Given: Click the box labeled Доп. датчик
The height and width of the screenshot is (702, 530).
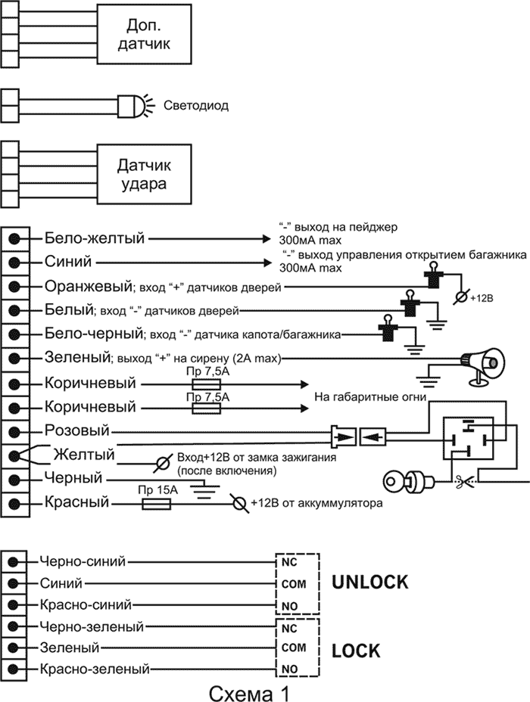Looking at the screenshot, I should click(145, 36).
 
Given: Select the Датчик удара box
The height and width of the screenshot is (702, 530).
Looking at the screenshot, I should click(145, 174).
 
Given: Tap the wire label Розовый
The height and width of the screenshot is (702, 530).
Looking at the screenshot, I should click(77, 430).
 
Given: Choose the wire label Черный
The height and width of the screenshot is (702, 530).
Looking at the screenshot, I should click(73, 479).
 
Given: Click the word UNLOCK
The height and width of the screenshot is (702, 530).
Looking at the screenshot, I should click(370, 582).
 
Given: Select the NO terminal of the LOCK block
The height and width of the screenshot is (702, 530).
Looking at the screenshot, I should click(288, 669).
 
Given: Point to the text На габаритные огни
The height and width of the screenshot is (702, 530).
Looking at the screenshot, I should click(370, 396).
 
